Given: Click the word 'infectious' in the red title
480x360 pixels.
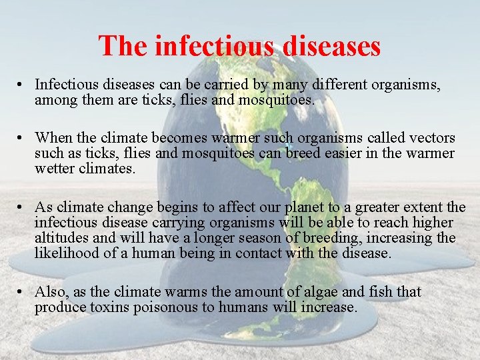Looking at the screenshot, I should click(x=213, y=46).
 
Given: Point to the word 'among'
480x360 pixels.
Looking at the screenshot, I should click(x=55, y=100).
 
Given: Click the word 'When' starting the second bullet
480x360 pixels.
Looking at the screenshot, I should click(x=54, y=138).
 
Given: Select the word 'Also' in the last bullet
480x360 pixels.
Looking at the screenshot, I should click(x=51, y=291).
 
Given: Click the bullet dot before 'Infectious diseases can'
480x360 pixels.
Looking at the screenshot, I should click(x=22, y=85).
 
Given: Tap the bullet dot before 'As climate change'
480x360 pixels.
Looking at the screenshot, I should click(x=22, y=207).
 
